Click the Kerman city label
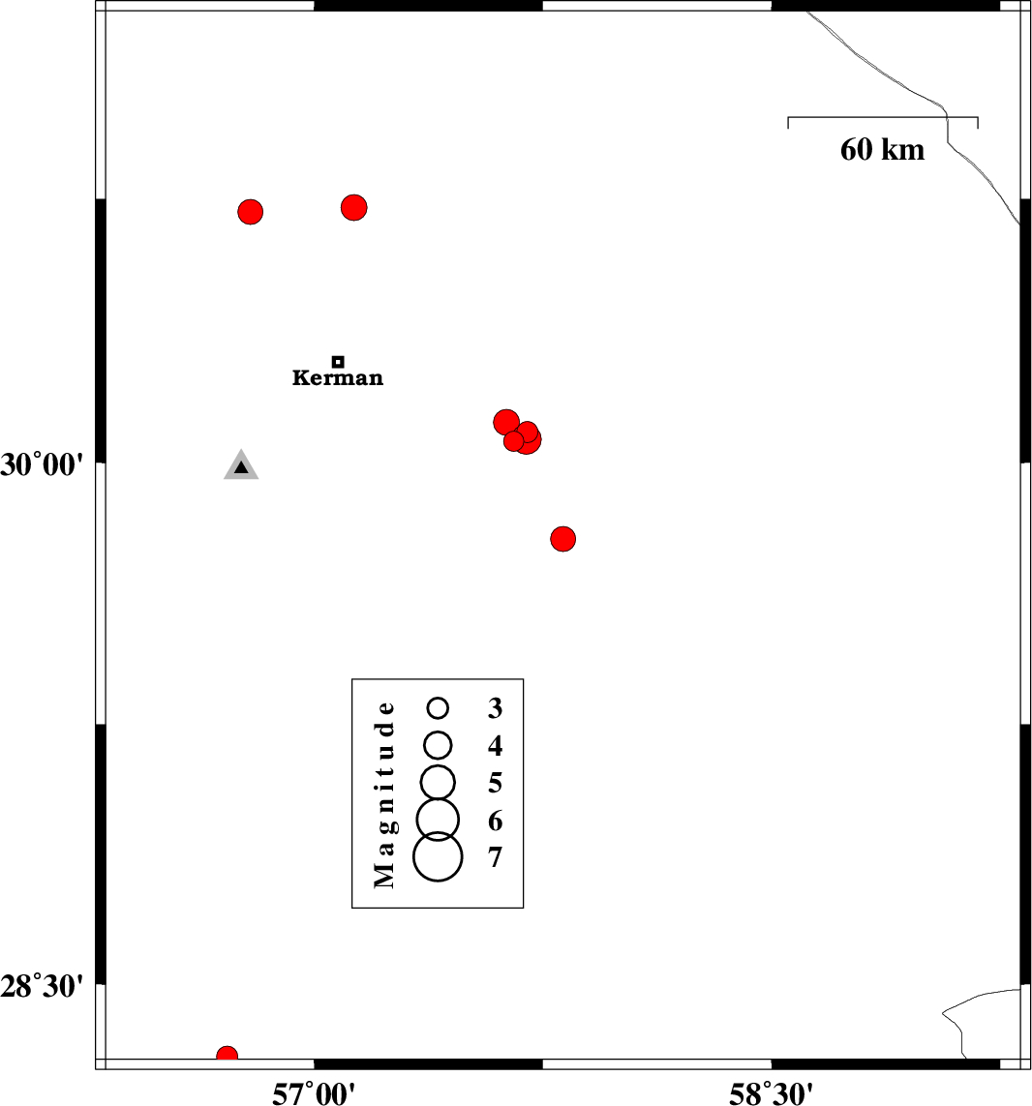[338, 378]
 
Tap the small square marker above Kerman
[338, 362]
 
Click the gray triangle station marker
[241, 464]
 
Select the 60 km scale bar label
[882, 150]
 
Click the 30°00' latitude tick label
[42, 464]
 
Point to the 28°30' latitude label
[42, 986]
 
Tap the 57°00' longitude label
[314, 1093]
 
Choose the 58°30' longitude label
[771, 1093]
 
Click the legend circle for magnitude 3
[439, 707]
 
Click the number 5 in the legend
[496, 783]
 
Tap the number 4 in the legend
[496, 745]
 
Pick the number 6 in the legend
[496, 822]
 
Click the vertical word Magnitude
[384, 794]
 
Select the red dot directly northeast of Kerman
[353, 207]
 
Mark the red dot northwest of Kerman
[251, 212]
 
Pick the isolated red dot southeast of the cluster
[562, 539]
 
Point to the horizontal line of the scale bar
[882, 117]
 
